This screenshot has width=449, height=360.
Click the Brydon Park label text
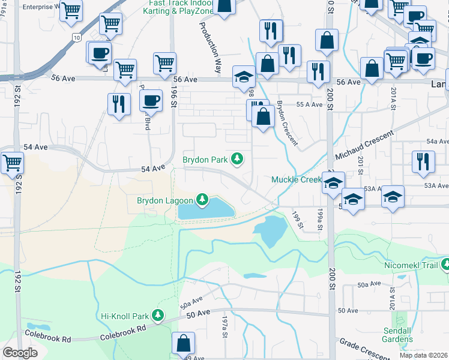pos(205,160)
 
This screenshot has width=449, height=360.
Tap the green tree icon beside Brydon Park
pos(238,159)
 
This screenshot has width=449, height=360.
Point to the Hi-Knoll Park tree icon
pos(158,315)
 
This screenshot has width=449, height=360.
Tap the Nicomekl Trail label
pos(411,264)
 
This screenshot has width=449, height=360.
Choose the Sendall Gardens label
pos(399,335)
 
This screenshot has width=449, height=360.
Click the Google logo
pos(20,353)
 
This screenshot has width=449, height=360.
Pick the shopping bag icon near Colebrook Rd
pos(184,344)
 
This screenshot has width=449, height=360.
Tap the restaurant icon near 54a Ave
pos(423,161)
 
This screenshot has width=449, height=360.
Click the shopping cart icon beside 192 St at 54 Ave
pos(11,163)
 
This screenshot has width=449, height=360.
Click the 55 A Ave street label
pos(310,104)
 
